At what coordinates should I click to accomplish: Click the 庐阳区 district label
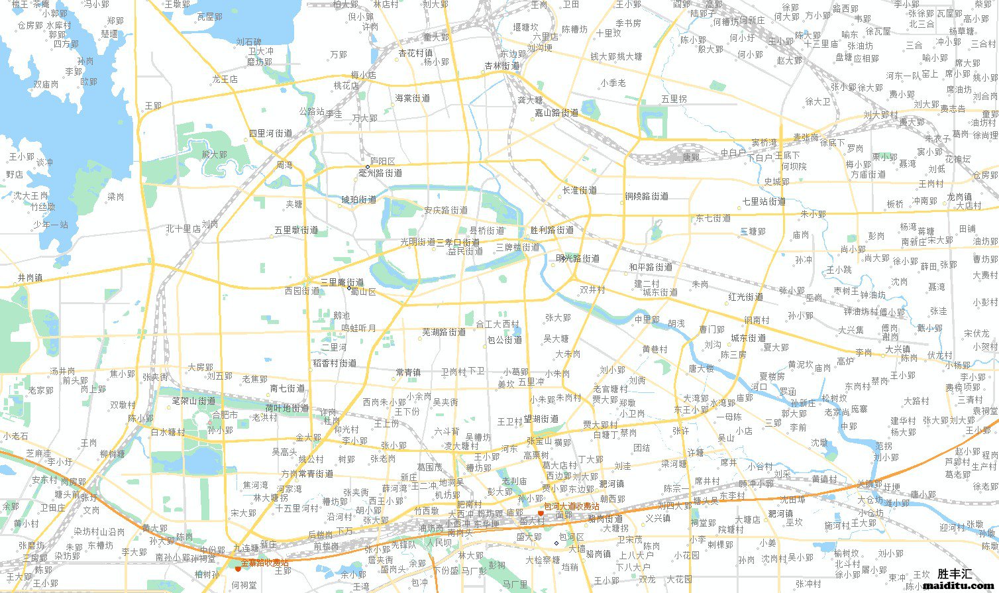tap(383, 161)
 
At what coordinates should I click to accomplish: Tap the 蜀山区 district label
tap(363, 292)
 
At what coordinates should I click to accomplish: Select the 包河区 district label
tap(571, 537)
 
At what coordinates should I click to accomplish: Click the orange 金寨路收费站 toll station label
tap(264, 563)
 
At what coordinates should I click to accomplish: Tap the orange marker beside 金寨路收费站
tap(238, 568)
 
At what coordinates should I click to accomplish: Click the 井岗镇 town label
tap(30, 278)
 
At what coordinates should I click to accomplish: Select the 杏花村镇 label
tap(415, 53)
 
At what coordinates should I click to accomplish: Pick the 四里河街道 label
tap(270, 133)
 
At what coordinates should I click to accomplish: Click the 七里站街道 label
tap(764, 201)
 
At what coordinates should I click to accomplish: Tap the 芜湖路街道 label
tap(445, 332)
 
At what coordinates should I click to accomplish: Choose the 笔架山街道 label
tap(193, 401)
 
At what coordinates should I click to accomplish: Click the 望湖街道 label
tap(541, 419)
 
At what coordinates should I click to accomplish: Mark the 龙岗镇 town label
tap(959, 197)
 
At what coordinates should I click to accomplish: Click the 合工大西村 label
tap(498, 325)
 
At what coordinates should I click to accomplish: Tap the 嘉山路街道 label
tap(556, 113)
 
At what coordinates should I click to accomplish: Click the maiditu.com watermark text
tap(955, 586)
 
